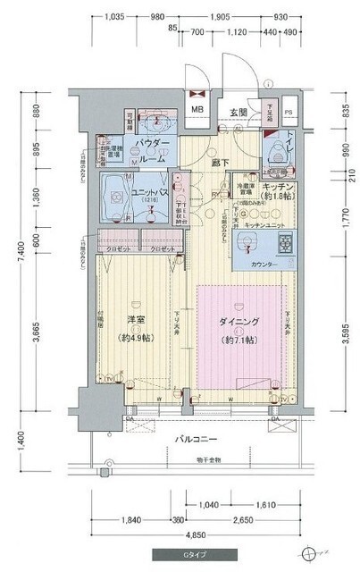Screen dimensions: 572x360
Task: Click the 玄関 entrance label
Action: click(238, 113)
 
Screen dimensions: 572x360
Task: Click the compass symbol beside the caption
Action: click(311, 552)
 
